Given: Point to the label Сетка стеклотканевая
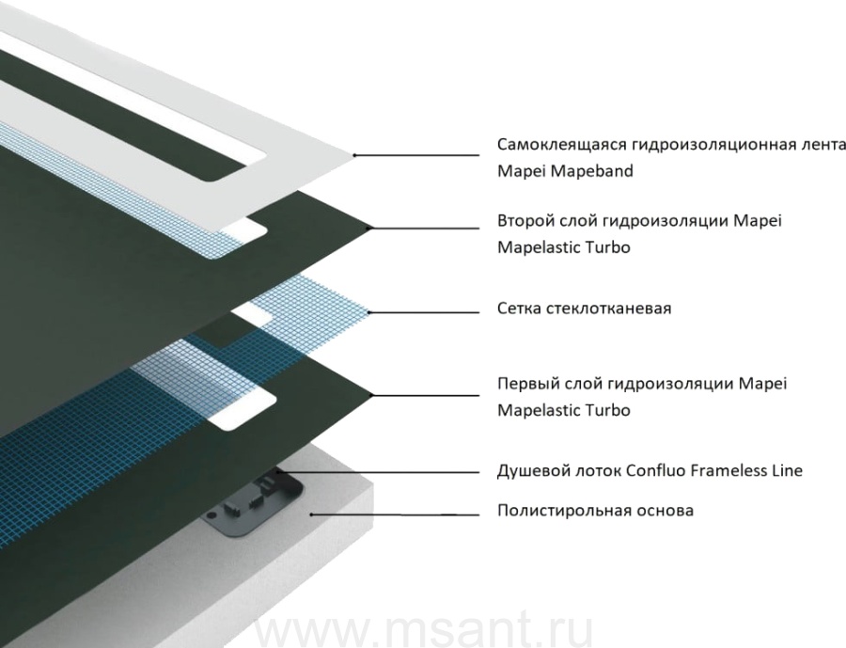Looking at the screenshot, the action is coord(585,308).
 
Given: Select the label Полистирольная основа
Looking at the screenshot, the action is coord(595,511).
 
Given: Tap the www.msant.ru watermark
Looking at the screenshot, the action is coord(424,629).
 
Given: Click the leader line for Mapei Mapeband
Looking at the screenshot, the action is coord(416,155).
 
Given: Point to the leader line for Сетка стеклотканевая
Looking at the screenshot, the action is coord(424,312).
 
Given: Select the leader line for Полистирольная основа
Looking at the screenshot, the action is coord(395,514).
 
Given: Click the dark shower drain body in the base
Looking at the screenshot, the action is coord(254,504).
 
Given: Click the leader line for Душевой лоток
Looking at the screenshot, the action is coord(379,472).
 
